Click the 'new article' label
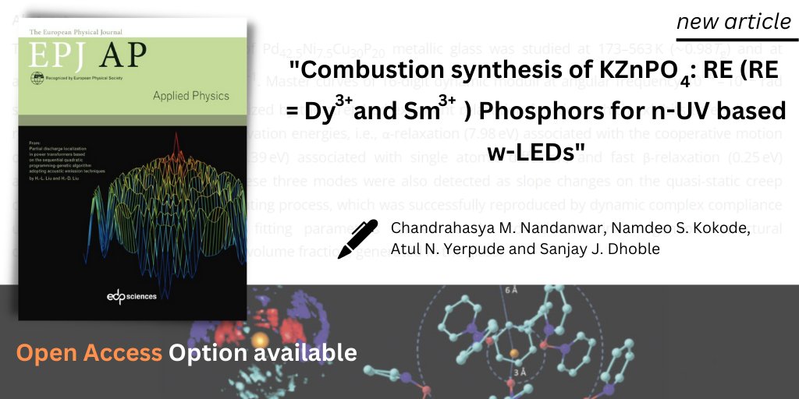point(733,22)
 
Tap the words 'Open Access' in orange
point(89,353)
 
